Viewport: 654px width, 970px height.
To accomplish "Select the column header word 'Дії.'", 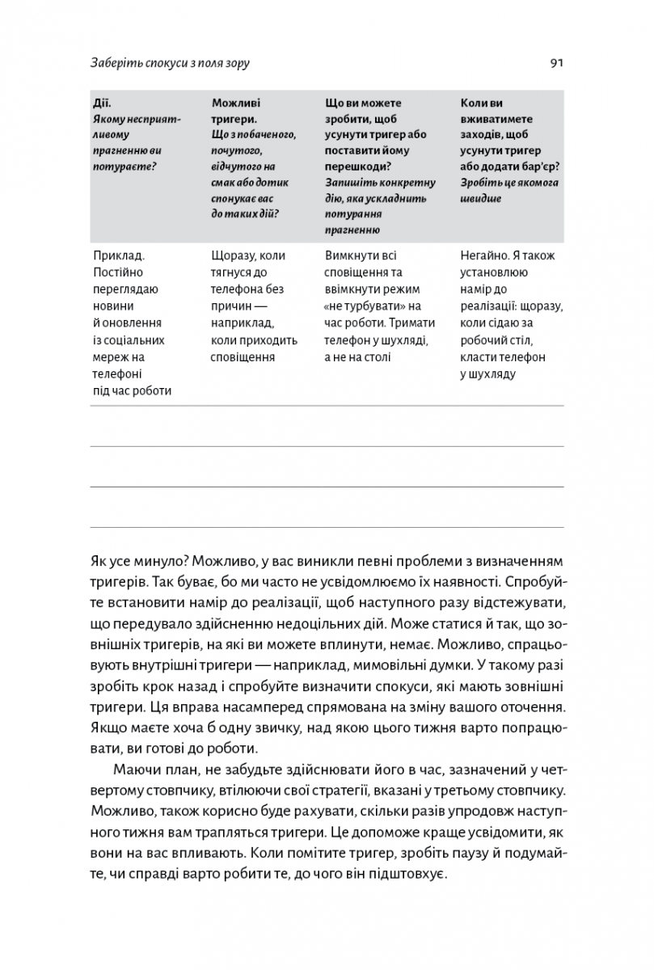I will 102,103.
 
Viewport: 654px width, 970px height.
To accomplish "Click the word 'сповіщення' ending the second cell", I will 242,356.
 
